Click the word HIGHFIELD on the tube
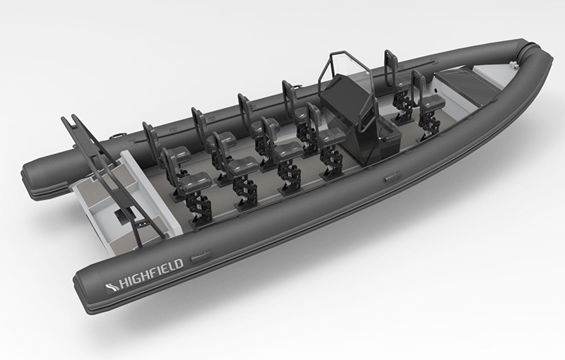(151, 274)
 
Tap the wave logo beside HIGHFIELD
(112, 287)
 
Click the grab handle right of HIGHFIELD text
(201, 257)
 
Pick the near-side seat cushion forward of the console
(432, 102)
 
